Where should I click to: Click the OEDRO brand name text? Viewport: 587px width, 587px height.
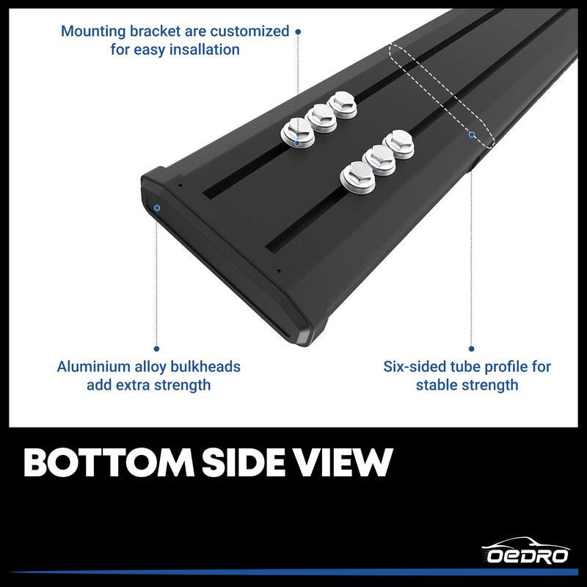coord(528,555)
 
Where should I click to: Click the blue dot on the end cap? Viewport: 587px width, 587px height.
coord(157,208)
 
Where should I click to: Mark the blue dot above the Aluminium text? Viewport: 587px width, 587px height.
coord(157,349)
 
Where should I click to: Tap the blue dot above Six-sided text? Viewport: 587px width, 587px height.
coord(471,349)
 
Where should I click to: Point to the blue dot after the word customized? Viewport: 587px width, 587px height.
coord(297,32)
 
